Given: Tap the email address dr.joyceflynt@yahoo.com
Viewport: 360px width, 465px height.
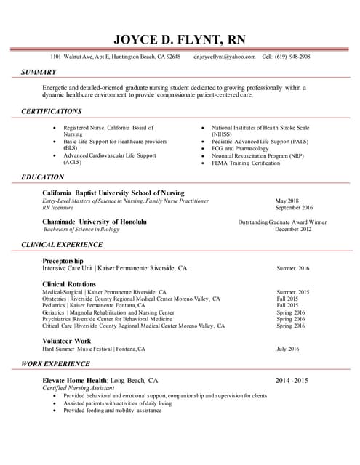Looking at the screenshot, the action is [225, 57].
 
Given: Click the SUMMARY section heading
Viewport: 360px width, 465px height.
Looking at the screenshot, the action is [39, 72].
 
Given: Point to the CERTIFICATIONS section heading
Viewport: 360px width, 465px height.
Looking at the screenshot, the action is [51, 111].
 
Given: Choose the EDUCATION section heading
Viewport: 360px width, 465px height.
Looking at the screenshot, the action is [42, 177].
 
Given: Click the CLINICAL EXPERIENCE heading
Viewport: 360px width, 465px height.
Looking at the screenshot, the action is [62, 245].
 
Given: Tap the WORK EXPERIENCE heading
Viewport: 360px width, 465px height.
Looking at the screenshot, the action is [56, 363].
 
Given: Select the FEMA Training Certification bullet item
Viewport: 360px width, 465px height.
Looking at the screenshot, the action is [246, 163].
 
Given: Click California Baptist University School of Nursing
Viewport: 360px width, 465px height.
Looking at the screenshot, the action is [113, 193].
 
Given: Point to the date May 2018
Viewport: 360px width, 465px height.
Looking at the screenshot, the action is [287, 201].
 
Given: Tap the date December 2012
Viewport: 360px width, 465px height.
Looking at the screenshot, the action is [293, 229].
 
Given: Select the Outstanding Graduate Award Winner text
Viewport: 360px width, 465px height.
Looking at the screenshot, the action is [282, 222].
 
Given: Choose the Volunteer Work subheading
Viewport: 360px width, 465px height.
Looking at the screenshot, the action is [67, 340].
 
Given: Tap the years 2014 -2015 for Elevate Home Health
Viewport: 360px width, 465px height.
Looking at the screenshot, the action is [292, 380].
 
